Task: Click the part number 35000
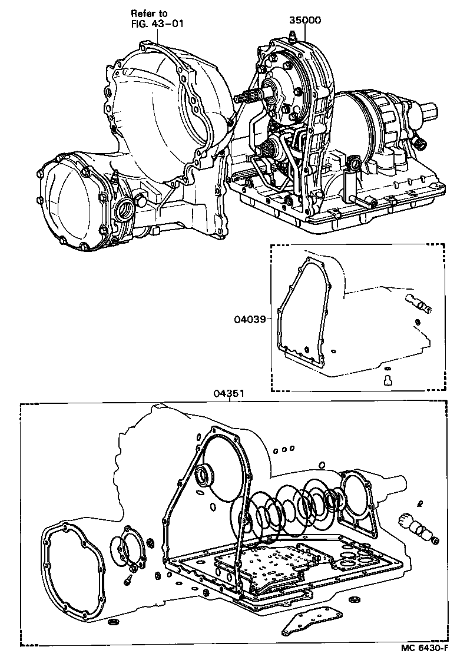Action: [x=304, y=20]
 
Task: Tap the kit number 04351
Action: [x=229, y=394]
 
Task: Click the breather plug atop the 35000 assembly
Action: [x=293, y=37]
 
